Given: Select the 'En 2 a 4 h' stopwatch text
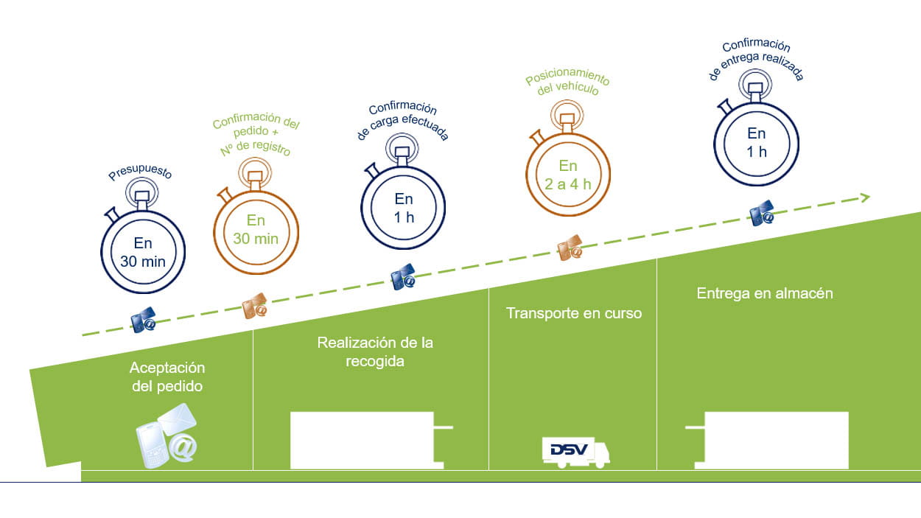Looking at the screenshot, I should pos(568,175).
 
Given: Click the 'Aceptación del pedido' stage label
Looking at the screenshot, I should pos(167,376).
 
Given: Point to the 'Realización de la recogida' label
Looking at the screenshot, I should pos(375,351).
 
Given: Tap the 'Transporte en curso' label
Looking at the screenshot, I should pos(573,313).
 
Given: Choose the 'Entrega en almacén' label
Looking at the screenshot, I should pos(765,293).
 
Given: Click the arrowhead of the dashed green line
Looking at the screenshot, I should pos(864,197).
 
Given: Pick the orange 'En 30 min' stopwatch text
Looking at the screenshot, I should pos(256,228).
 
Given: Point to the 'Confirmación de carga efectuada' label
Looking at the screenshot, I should pos(402,122).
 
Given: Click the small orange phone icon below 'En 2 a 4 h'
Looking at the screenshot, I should pos(570,249).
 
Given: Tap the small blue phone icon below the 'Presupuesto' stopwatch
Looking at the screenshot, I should pos(143,321).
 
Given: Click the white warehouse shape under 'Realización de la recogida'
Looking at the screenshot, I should pos(367,440).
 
